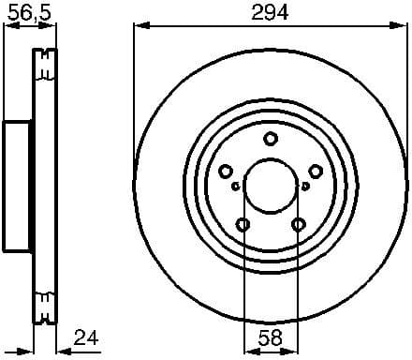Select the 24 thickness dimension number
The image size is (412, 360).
(87, 337)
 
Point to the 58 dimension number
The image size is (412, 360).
(271, 337)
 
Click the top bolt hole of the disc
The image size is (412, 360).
(271, 140)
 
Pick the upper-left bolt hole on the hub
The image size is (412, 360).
(226, 172)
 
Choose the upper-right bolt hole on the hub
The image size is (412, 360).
(316, 172)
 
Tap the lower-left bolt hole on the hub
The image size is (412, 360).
(243, 224)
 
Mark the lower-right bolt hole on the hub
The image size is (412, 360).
(299, 224)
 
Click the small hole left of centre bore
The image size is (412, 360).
(235, 186)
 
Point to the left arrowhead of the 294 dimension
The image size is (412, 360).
(138, 25)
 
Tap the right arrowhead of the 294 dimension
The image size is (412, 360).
(404, 25)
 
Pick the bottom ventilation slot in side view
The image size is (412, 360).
(41, 305)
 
